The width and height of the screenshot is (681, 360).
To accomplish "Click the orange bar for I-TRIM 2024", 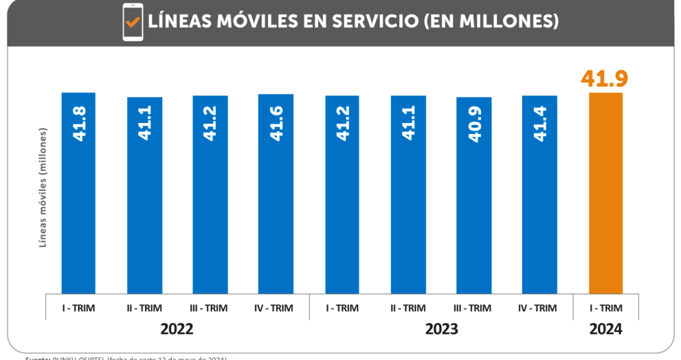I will tap(605, 192).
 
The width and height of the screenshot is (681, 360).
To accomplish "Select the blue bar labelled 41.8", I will tap(78, 192).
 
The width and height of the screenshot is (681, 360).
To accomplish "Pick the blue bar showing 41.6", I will tap(276, 193).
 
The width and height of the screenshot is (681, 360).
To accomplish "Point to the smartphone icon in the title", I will tap(133, 22).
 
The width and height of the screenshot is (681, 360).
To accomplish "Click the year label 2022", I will tap(177, 330).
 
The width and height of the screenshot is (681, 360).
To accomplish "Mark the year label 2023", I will tap(440, 330).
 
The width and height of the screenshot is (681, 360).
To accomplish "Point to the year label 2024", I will tap(605, 330).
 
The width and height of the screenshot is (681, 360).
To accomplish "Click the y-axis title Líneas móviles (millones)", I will tap(42, 187).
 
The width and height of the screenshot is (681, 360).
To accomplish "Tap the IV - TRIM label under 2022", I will tap(276, 308).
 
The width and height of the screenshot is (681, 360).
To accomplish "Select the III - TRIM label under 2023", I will tap(473, 308).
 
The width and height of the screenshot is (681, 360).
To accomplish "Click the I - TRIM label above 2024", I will tap(605, 308).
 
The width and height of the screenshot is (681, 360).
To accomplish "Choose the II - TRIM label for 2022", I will tap(144, 308).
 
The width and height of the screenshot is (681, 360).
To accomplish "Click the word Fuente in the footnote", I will tap(37, 358).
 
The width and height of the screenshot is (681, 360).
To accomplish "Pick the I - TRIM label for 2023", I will tap(342, 308).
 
